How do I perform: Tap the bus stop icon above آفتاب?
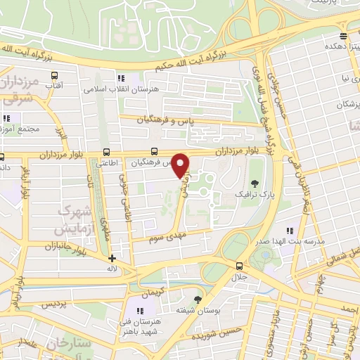(54, 73)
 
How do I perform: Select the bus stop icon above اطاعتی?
(106, 151)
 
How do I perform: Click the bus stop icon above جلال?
(240, 266)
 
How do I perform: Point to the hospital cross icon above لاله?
(112, 258)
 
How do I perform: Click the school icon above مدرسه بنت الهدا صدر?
(290, 231)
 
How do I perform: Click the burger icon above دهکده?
(343, 35)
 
